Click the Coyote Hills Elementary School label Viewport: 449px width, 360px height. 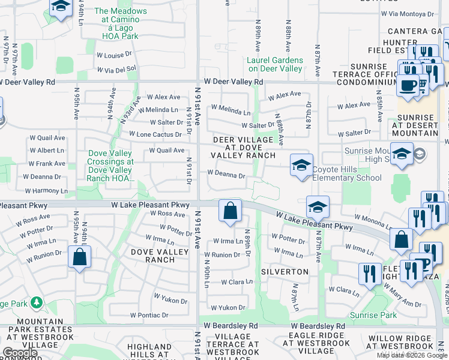(346, 173)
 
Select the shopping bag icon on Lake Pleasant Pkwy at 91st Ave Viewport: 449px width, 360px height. (230, 211)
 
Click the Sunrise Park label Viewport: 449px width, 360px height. (374, 315)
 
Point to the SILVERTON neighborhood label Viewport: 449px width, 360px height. (285, 272)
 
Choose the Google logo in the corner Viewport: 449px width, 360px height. (20, 353)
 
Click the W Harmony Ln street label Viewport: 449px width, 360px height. (41, 190)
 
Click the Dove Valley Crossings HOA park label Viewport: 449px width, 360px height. (110, 166)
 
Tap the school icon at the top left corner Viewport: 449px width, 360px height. (60, 7)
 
